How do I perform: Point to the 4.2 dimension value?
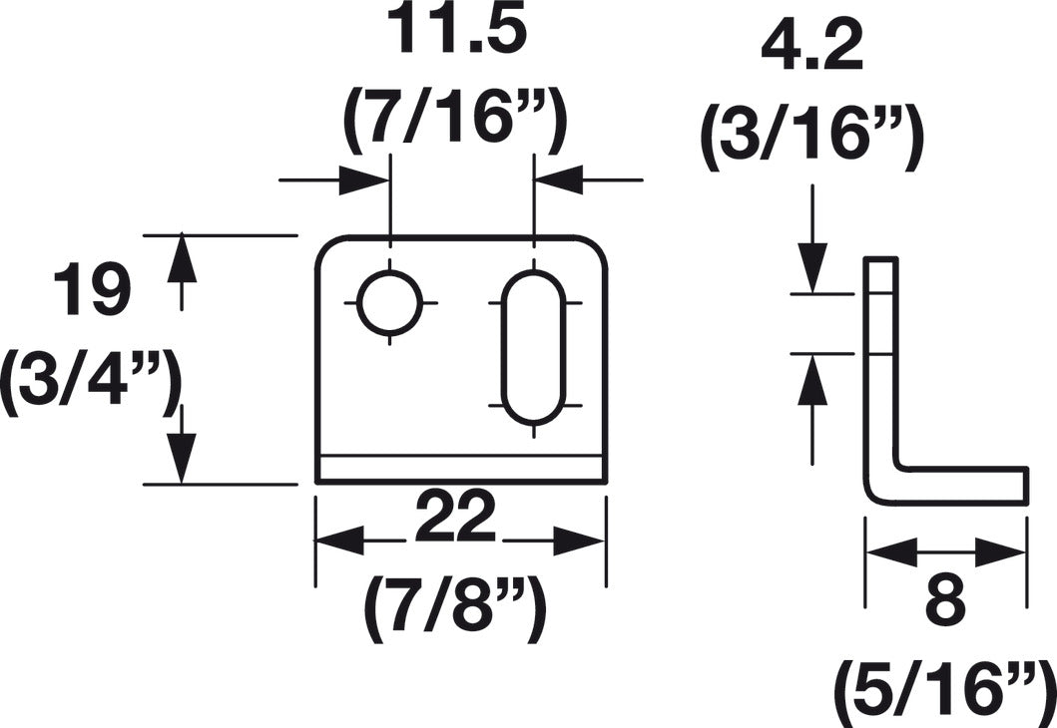tap(812, 49)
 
